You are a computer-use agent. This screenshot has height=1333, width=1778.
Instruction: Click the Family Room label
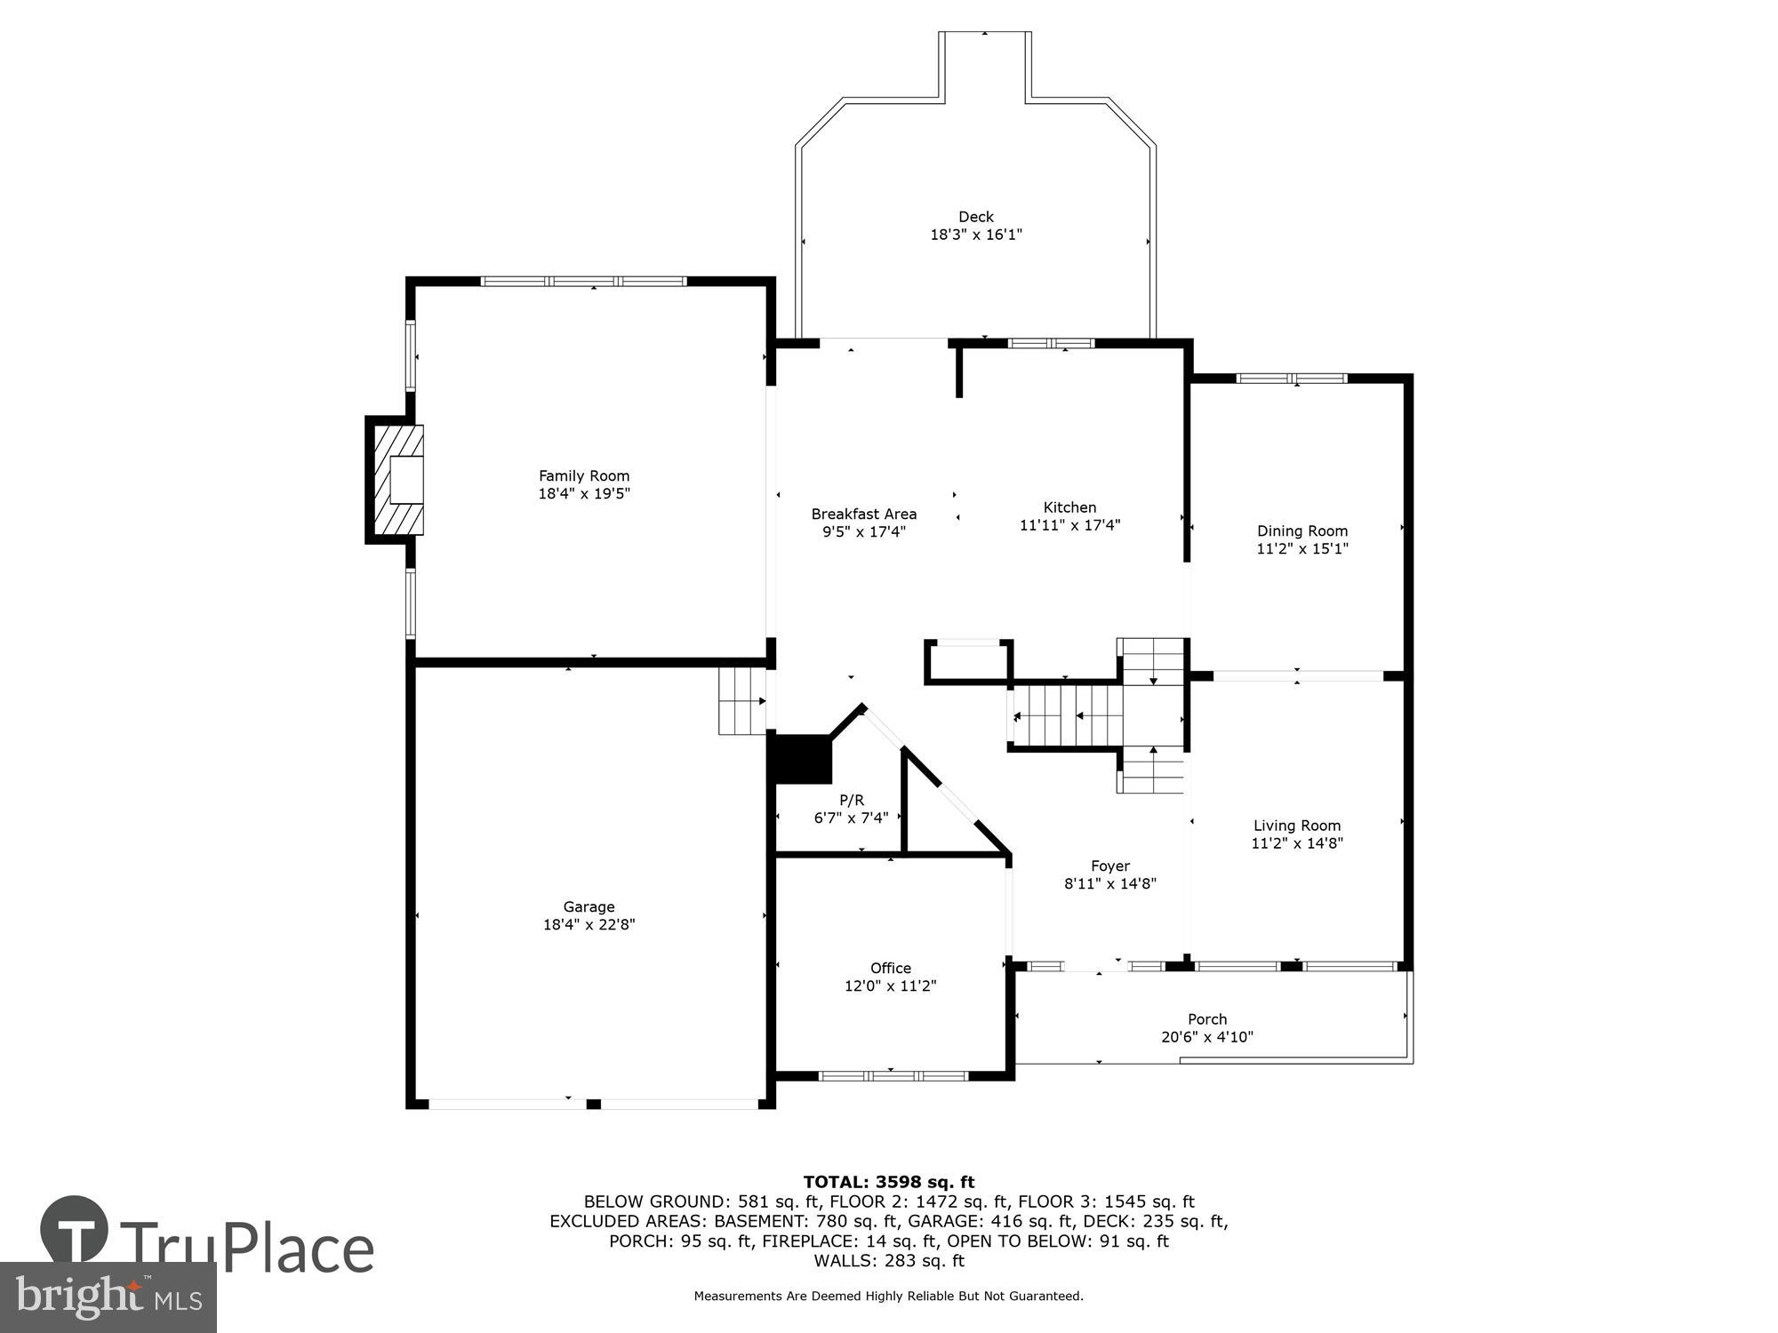(x=584, y=476)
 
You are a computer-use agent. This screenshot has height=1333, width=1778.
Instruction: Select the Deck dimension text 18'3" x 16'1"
(x=976, y=235)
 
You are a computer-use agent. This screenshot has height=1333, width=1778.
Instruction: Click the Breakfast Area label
(x=863, y=514)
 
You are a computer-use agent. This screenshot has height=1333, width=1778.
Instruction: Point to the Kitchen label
(x=1069, y=507)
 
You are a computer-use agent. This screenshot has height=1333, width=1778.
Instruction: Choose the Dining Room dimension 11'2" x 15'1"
(x=1301, y=549)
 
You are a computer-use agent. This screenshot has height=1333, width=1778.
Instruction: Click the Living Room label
(x=1296, y=826)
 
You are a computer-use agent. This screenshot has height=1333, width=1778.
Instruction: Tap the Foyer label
(x=1110, y=866)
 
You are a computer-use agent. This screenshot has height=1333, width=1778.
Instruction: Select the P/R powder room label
(x=852, y=800)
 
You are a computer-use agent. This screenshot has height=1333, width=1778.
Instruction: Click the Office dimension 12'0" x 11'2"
(x=890, y=986)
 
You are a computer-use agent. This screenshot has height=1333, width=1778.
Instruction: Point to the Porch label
(x=1206, y=1019)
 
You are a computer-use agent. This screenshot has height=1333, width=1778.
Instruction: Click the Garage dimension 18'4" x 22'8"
(x=589, y=924)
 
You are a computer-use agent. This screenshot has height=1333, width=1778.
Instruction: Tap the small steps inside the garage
(x=741, y=702)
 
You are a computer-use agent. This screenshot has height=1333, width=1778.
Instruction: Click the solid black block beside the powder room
(x=802, y=758)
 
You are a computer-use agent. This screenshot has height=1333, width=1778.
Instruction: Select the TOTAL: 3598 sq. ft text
(x=889, y=1182)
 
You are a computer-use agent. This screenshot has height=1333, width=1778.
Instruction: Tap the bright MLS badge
(x=108, y=1297)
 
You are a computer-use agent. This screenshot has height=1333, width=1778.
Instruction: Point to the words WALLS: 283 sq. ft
(x=889, y=1260)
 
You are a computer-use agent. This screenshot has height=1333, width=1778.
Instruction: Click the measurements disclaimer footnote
(x=889, y=1297)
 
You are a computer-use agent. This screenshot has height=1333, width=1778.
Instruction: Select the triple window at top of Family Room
(x=583, y=282)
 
